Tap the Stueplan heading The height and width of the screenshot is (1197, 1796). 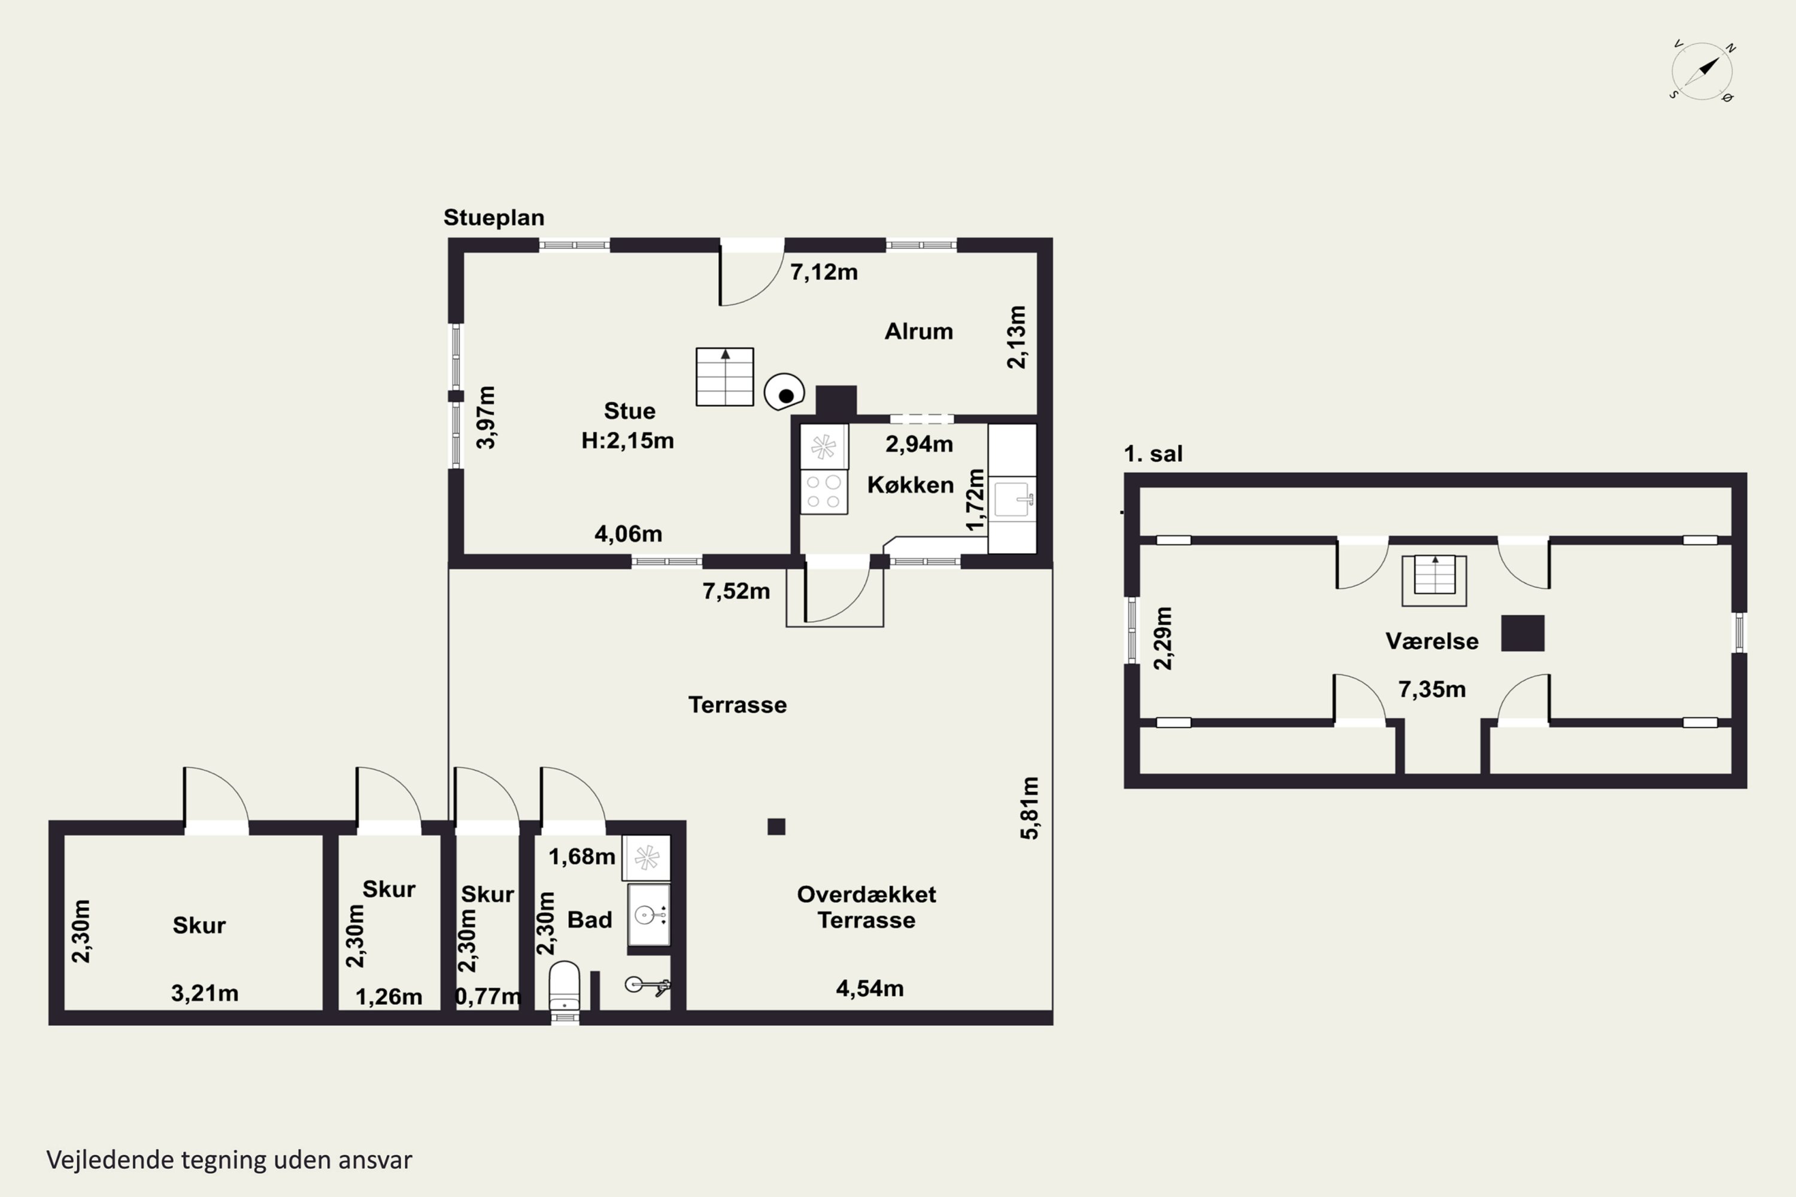tap(494, 218)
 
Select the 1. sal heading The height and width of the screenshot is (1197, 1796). tap(1153, 454)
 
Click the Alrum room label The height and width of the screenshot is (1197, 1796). tap(918, 332)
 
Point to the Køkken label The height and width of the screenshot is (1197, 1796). tap(910, 485)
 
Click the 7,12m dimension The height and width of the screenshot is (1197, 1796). tap(824, 272)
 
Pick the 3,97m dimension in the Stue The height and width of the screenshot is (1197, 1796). tap(486, 418)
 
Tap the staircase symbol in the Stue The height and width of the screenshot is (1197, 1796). tap(724, 376)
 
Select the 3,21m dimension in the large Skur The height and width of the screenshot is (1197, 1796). tap(205, 993)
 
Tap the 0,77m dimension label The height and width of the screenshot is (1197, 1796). tap(488, 997)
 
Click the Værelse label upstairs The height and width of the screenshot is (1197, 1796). tap(1432, 641)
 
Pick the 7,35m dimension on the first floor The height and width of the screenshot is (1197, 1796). tap(1432, 690)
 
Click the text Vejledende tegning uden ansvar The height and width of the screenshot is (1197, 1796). tap(229, 1160)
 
